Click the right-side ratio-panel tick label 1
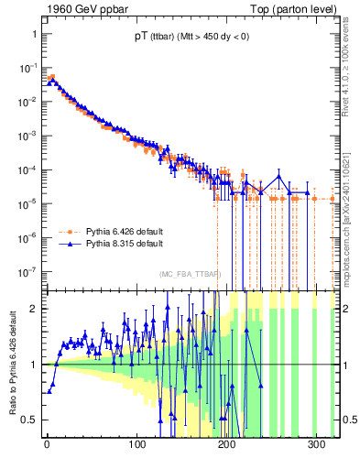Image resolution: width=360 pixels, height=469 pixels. (x=345, y=365)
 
